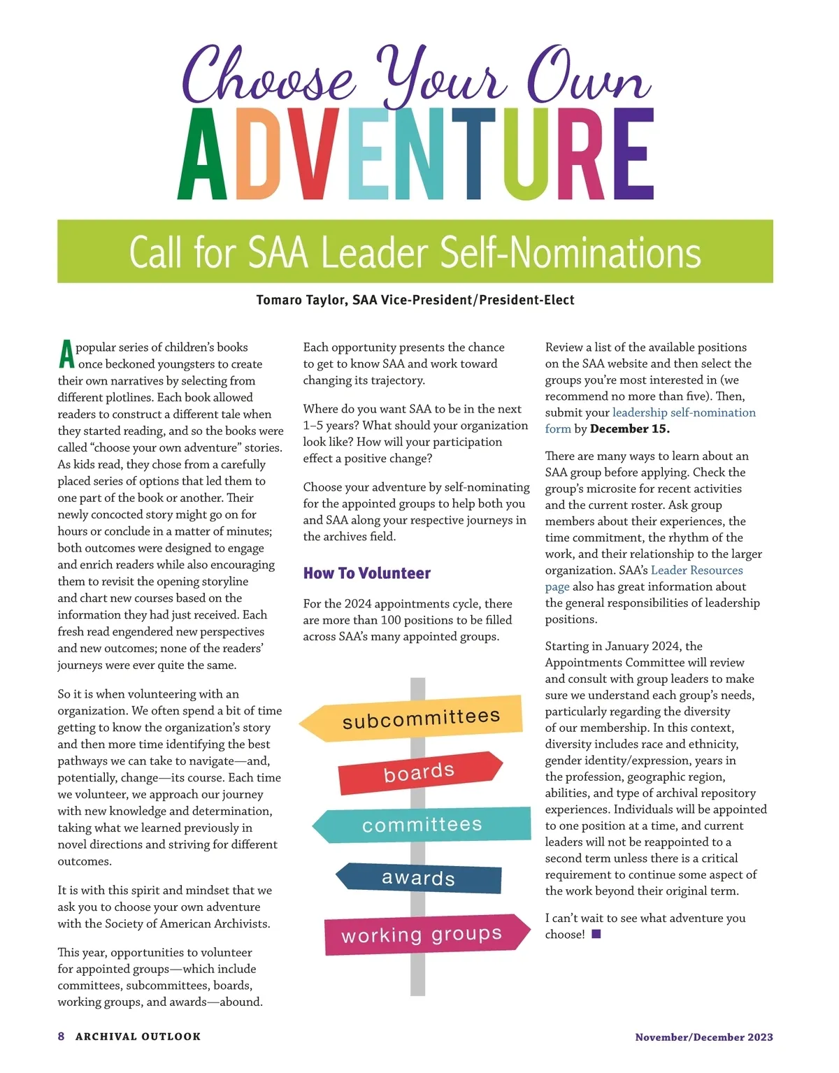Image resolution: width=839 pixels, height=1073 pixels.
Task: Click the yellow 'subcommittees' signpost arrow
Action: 419,719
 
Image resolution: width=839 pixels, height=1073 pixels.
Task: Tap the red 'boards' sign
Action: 419,772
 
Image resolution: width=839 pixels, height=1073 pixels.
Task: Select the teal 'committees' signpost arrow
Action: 422,825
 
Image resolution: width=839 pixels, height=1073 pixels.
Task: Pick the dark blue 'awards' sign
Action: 419,878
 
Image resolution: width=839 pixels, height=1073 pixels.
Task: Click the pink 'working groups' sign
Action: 422,935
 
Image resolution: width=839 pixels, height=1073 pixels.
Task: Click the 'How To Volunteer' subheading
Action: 367,573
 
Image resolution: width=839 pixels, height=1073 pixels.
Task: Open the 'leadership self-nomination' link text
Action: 684,412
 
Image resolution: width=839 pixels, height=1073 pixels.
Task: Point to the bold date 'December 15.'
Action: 630,429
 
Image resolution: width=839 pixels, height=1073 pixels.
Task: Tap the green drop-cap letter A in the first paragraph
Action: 66,354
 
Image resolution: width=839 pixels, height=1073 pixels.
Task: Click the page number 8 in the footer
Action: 62,1037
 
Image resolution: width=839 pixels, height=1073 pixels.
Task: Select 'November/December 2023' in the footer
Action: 703,1037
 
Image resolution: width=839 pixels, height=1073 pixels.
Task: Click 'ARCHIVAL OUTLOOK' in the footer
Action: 138,1037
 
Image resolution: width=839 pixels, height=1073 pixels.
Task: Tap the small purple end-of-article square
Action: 596,934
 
